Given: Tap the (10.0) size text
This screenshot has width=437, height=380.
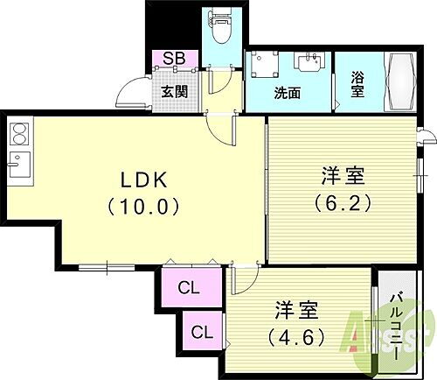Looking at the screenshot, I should pyautogui.click(x=143, y=208).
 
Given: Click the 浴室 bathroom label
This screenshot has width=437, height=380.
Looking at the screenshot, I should pyautogui.click(x=357, y=84).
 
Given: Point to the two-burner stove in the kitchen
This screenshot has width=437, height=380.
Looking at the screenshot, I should pyautogui.click(x=19, y=135).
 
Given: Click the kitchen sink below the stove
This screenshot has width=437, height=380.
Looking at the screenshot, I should pyautogui.click(x=19, y=164).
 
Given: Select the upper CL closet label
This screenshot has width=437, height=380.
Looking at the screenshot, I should pyautogui.click(x=187, y=286).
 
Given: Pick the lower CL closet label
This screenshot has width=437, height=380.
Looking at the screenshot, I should pyautogui.click(x=202, y=332).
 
